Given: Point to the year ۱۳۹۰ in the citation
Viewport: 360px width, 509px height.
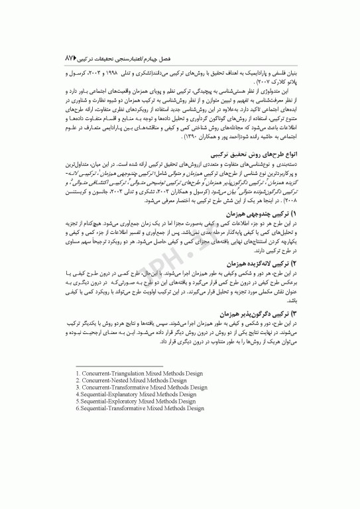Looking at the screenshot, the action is click(x=173, y=137).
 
